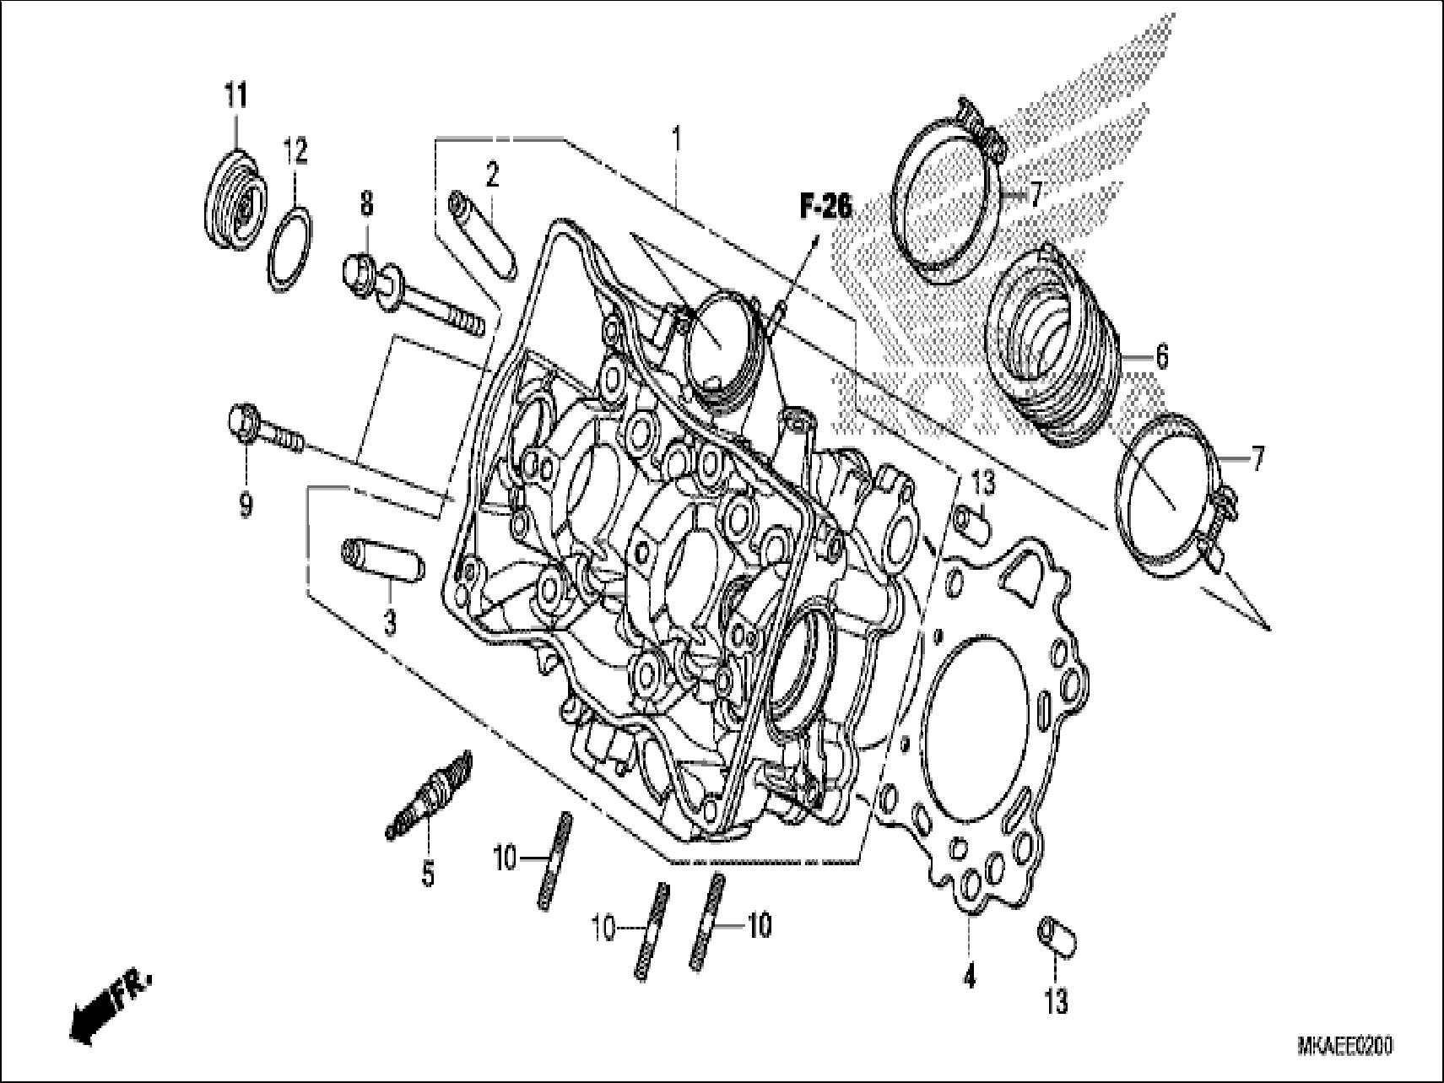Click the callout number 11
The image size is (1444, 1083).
pos(235,96)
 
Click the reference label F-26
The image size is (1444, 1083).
pos(825,206)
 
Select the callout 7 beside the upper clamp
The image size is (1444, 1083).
pos(1035,196)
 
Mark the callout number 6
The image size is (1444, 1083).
pos(1161,357)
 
